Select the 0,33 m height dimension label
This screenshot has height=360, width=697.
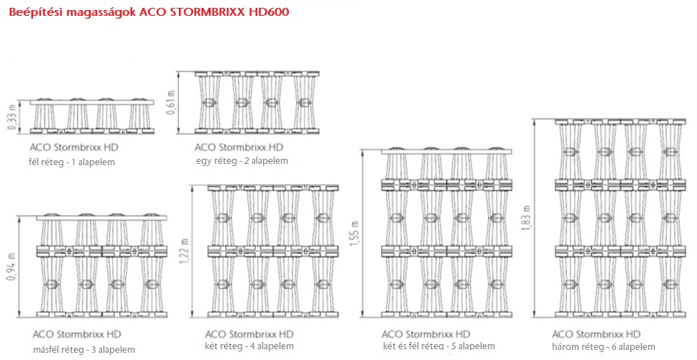(12, 117)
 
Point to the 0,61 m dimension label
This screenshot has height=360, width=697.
(171, 102)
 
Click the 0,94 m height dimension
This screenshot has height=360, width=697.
(12, 265)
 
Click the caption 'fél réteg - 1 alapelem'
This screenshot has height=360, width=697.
(72, 162)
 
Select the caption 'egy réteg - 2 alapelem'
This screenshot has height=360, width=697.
(242, 161)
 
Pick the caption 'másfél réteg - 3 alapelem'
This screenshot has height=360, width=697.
(84, 350)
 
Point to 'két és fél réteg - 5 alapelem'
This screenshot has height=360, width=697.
(439, 346)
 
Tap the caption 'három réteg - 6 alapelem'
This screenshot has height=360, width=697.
(604, 346)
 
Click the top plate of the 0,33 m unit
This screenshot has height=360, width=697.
(92, 103)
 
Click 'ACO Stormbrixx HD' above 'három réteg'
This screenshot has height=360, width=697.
(596, 334)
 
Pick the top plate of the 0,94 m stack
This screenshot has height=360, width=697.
(101, 218)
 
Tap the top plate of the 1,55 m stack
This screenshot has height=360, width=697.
(447, 152)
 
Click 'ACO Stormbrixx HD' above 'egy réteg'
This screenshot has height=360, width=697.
(239, 147)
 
